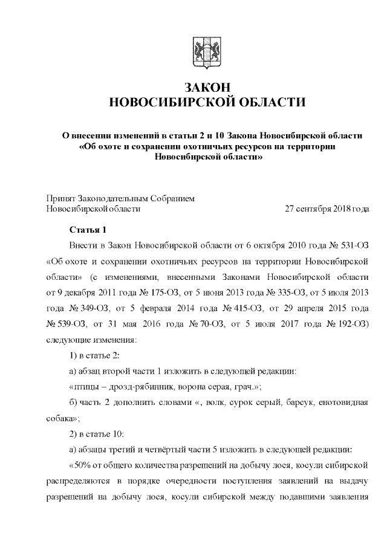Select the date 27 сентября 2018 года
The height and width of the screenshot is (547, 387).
click(327, 209)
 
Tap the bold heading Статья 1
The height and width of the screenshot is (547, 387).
click(88, 230)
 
